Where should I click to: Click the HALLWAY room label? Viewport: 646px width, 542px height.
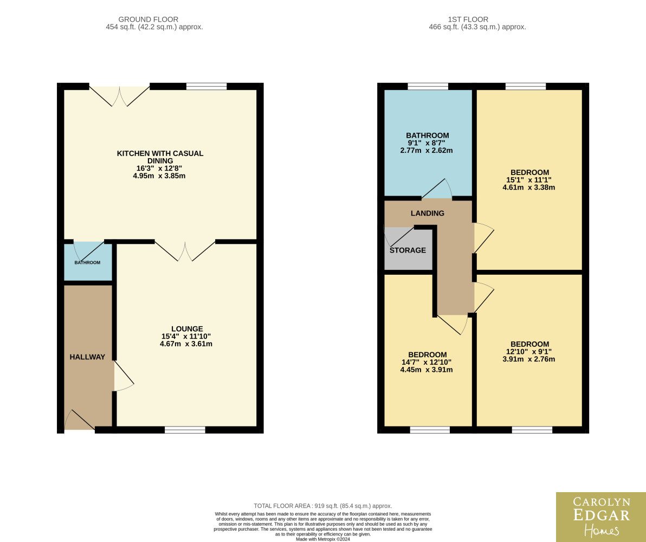[x=87, y=357]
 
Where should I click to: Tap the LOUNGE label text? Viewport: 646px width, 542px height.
[x=187, y=329]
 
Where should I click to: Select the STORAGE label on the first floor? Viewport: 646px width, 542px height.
[x=408, y=250]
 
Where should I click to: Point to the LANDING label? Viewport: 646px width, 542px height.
[x=428, y=213]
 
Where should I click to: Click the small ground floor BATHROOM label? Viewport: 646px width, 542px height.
[x=87, y=262]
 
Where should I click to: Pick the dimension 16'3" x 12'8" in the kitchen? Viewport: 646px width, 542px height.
[x=159, y=168]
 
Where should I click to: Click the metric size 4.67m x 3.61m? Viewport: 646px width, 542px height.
[x=186, y=344]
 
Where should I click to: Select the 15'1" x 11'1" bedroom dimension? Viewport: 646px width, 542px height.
[x=529, y=180]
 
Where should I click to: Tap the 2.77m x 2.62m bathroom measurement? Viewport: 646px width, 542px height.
[x=427, y=151]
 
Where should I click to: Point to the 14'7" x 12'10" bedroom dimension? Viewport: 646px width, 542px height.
[x=427, y=362]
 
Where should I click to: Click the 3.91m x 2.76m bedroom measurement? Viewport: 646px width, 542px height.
[x=529, y=359]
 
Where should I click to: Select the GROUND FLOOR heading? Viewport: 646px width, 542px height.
[x=148, y=20]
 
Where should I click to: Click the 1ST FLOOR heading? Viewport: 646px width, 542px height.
[x=468, y=20]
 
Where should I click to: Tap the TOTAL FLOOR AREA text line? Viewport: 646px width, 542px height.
[x=323, y=506]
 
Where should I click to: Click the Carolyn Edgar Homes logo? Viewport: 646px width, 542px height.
[x=601, y=517]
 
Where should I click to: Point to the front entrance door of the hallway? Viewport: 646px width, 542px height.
[x=80, y=421]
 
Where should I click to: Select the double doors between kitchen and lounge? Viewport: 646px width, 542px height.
[x=185, y=251]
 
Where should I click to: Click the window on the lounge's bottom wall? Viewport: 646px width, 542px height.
[x=185, y=430]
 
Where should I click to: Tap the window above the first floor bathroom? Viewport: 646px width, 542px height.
[x=428, y=86]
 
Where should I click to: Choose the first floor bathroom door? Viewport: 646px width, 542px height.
[x=437, y=189]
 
